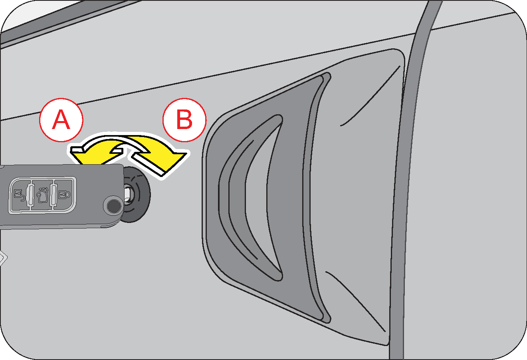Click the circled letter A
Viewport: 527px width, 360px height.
point(61,120)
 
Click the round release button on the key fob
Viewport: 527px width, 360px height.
point(113,206)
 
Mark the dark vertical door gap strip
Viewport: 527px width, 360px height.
point(403,200)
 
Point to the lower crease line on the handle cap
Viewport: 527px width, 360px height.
point(355,300)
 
